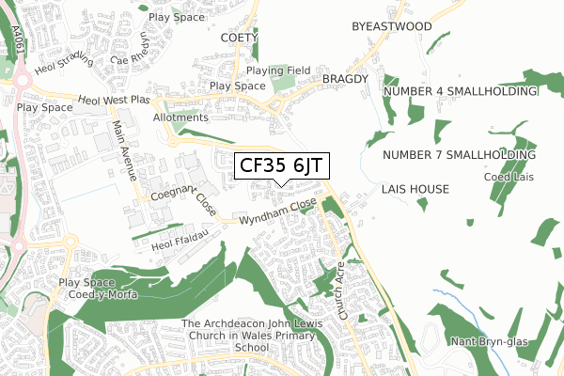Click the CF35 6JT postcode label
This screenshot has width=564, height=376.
coord(281,165)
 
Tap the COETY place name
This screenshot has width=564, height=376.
coord(238,38)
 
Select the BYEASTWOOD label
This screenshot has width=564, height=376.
coord(391,26)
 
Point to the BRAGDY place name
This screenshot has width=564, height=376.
coord(344,79)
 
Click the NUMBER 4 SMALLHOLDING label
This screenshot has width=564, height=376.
coord(460,91)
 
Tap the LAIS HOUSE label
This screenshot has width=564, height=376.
coord(415,189)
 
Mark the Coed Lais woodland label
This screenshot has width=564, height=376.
coord(509,176)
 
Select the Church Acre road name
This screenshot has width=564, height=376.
coord(342,292)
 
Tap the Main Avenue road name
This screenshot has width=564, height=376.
coord(124,149)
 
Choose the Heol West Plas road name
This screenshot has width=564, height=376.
coord(115,99)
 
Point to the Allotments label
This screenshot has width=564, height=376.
coord(180,117)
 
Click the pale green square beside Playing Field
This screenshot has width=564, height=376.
coord(282,85)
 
